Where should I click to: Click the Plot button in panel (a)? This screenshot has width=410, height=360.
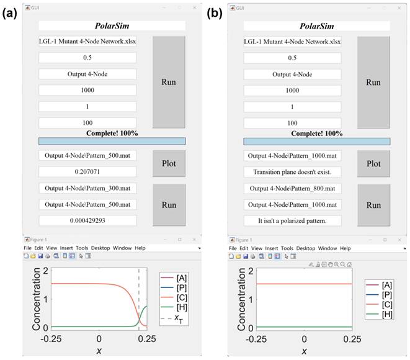coord(169,164)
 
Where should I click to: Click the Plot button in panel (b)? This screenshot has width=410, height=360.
coord(373,164)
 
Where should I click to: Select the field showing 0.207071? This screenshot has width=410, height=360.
coord(87,171)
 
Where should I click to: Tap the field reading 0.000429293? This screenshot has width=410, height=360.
coord(87,220)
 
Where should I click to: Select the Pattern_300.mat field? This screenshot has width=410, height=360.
coord(87,188)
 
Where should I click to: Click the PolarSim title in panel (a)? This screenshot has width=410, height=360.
coord(112,26)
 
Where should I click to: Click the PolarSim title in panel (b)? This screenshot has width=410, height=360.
coord(316,26)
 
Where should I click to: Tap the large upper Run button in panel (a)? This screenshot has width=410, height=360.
coord(169,82)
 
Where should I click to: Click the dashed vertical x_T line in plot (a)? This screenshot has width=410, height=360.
coord(138,292)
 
